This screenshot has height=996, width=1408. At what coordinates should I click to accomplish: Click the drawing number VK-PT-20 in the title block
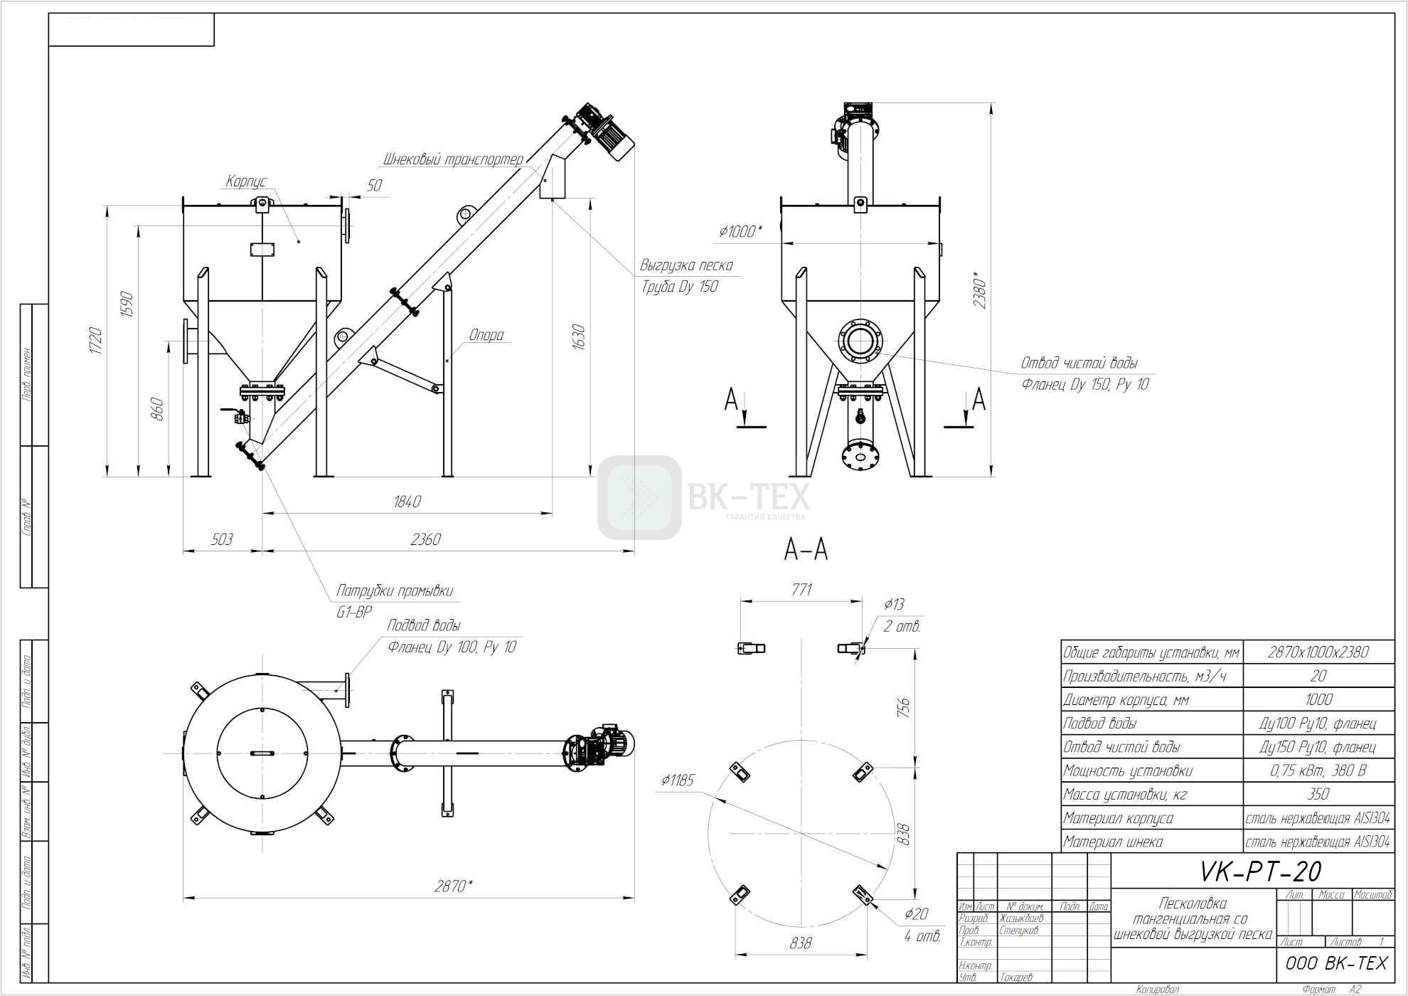pyautogui.click(x=1260, y=871)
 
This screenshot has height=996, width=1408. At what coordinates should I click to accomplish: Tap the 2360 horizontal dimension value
pyautogui.click(x=425, y=539)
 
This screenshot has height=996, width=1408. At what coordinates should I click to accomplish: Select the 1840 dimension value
pyautogui.click(x=407, y=502)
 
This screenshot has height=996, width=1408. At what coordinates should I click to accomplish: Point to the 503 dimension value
pyautogui.click(x=222, y=539)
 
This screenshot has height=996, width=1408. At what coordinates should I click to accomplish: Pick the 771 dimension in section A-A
pyautogui.click(x=801, y=590)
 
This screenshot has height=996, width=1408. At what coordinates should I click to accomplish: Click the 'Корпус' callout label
pyautogui.click(x=245, y=181)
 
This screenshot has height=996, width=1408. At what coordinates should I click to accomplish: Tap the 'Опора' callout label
pyautogui.click(x=486, y=335)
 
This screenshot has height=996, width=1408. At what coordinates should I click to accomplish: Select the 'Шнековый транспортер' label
pyautogui.click(x=453, y=159)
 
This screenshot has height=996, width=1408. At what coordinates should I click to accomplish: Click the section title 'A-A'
pyautogui.click(x=806, y=549)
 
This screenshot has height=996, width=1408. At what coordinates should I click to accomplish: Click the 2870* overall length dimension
pyautogui.click(x=454, y=886)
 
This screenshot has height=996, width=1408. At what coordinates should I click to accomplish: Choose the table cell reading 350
pyautogui.click(x=1318, y=795)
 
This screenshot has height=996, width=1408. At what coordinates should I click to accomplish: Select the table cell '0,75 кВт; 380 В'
pyautogui.click(x=1318, y=770)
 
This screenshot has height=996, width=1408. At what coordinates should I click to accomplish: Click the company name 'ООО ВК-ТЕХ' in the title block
pyautogui.click(x=1336, y=963)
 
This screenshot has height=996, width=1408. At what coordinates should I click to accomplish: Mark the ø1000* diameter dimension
pyautogui.click(x=740, y=231)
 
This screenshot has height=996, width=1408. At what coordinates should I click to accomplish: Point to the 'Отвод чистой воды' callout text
pyautogui.click(x=1079, y=364)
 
